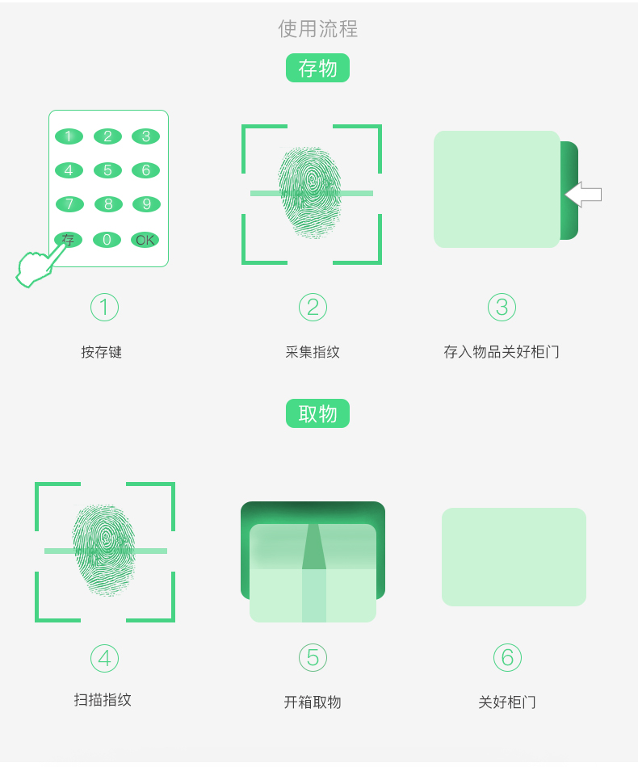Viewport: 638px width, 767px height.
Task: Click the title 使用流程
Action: [318, 29]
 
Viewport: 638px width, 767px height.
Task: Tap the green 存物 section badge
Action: [317, 68]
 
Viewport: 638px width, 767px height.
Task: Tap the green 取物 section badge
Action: [317, 413]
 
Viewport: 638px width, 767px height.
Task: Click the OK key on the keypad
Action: [145, 240]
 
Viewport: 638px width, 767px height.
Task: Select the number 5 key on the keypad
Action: [107, 170]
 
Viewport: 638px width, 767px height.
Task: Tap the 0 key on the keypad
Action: [107, 240]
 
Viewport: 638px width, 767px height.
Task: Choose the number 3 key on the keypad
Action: [146, 136]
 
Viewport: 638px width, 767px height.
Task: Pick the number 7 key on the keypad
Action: [69, 204]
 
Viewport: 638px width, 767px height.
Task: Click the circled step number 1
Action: [104, 307]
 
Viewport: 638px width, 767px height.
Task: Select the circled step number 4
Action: [104, 658]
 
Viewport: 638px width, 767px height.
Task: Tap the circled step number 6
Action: [507, 657]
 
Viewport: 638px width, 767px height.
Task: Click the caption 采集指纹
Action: [313, 352]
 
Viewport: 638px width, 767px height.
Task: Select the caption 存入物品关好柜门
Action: [501, 352]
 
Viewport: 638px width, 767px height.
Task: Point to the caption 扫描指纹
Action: [103, 700]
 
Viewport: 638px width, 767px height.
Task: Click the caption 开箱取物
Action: [313, 702]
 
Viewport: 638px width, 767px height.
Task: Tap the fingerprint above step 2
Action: [310, 192]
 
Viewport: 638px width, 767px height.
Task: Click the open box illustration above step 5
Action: [313, 562]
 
